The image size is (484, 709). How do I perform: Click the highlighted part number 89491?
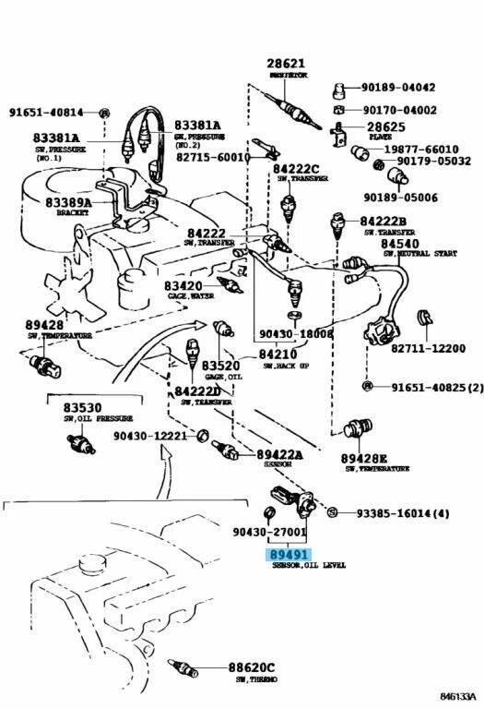289,554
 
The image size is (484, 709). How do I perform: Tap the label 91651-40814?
46,113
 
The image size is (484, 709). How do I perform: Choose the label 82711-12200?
427,347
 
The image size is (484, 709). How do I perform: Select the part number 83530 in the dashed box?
83,407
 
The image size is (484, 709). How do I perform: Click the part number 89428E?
364,458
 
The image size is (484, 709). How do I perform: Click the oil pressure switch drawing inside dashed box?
84,443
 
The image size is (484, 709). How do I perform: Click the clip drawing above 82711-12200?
425,318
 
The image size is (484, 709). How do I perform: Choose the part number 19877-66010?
421,149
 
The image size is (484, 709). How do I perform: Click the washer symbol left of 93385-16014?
332,513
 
